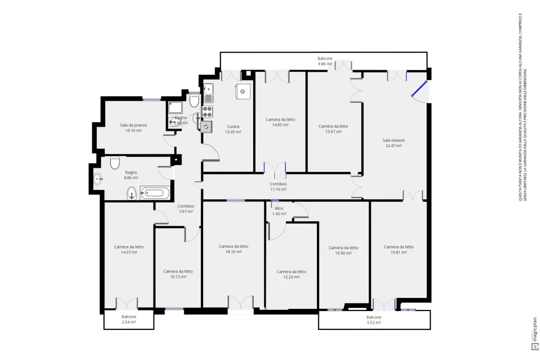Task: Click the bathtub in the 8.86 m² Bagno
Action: (x=155, y=193)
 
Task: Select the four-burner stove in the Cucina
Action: (x=208, y=111)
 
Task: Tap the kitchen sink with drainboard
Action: (x=208, y=92)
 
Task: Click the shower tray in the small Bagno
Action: (x=176, y=108)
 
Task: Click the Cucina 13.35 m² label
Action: (x=233, y=129)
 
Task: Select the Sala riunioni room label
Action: (x=394, y=143)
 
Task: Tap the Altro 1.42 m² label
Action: (x=279, y=211)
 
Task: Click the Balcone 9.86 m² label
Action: (x=325, y=61)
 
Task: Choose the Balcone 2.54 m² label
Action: (x=129, y=319)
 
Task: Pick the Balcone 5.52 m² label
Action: (x=374, y=319)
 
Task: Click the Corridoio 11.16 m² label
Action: (x=278, y=186)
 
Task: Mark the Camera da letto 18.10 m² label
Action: (x=233, y=249)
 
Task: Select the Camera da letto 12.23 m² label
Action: (x=291, y=274)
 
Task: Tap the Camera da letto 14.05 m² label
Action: (x=280, y=122)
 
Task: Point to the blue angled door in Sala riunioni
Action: (x=419, y=90)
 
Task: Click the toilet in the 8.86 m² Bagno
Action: (x=132, y=194)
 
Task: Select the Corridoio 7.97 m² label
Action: (x=186, y=209)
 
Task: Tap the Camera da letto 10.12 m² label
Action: (x=178, y=274)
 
